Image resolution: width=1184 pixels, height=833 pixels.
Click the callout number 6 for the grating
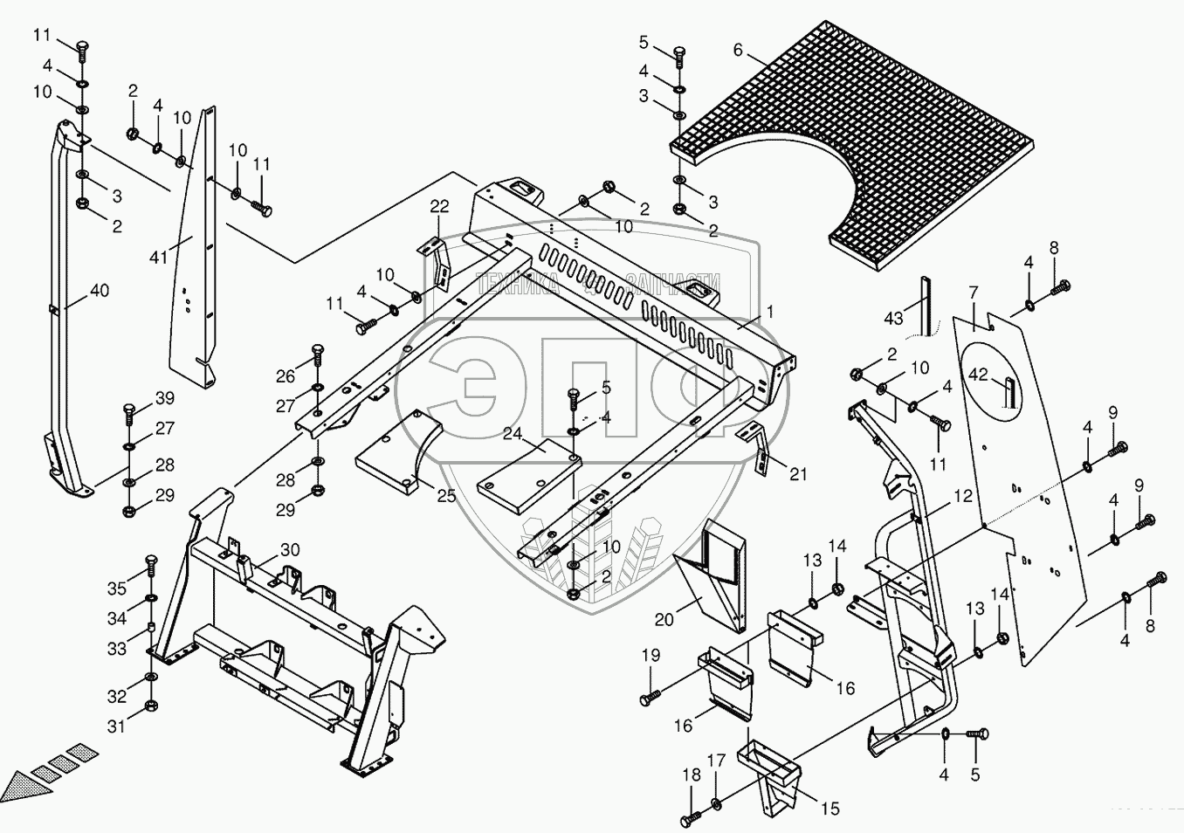click(738, 51)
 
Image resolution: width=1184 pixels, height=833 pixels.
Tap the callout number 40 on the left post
click(100, 291)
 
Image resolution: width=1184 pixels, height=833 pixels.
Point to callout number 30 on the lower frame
click(290, 550)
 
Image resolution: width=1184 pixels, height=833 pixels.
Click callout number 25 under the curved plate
click(446, 497)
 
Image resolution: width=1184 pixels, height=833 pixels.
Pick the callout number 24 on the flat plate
click(511, 433)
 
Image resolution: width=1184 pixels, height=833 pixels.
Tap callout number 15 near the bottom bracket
click(830, 809)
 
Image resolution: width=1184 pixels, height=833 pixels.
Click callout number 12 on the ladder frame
click(962, 497)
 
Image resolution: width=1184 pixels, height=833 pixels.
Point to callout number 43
click(893, 319)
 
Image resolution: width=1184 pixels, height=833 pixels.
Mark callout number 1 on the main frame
click(770, 312)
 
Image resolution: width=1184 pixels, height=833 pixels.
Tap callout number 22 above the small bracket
click(439, 206)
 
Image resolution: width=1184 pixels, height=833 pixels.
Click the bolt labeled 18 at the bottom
click(688, 820)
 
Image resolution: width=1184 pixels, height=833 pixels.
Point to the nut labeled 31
click(149, 706)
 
